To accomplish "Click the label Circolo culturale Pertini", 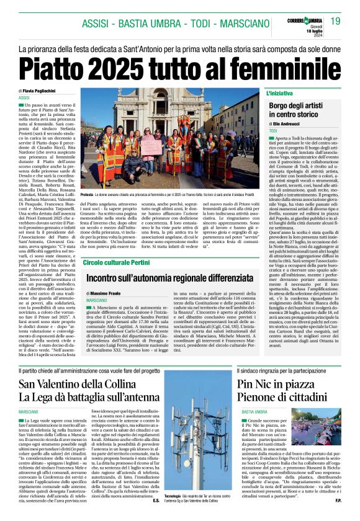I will coord(118,262).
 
